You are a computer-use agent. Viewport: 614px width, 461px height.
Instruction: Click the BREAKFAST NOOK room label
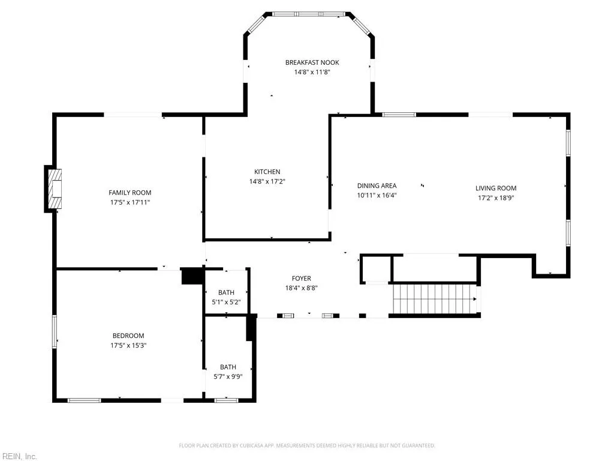pos(312,62)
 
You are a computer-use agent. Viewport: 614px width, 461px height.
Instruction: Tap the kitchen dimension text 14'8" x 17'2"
pos(267,181)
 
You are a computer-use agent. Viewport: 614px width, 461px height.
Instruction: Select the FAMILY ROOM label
pos(130,193)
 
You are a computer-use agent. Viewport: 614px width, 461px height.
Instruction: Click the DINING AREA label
pos(377,186)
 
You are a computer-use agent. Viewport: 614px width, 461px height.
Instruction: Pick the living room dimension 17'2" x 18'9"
pos(496,198)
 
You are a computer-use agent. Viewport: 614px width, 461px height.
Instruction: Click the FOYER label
pos(301,279)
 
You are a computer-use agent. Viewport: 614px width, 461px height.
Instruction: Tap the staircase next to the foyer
pos(435,299)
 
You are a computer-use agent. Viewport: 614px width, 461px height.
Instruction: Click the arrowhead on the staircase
pos(475,299)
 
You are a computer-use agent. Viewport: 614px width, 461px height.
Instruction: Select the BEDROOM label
pos(128,336)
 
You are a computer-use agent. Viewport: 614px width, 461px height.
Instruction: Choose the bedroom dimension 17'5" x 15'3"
pos(128,345)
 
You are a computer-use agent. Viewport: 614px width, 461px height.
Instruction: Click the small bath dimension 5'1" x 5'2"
pos(226,303)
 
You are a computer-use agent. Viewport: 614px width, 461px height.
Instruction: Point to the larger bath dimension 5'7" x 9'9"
pos(228,377)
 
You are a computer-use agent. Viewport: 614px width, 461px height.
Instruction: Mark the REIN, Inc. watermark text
pos(19,456)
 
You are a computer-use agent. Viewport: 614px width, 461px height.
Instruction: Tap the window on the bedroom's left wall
pos(55,331)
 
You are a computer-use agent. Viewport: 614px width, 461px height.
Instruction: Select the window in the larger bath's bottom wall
pos(226,400)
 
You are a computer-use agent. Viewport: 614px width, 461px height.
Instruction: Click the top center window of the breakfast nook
pos(309,14)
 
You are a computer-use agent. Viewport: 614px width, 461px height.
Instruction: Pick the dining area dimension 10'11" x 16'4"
pos(377,195)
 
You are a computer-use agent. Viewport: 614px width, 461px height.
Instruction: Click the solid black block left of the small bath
pos(192,276)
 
